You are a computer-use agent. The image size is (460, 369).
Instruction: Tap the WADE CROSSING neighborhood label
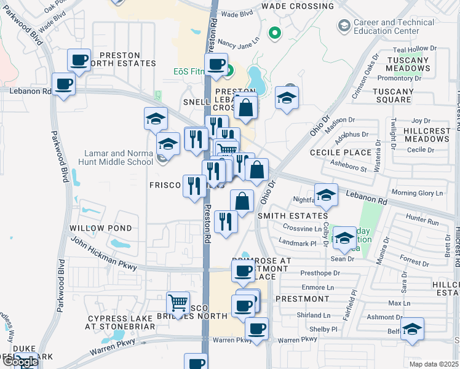click(298, 6)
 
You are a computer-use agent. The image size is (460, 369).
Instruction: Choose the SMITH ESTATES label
click(292, 216)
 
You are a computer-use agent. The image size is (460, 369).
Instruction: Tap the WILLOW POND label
click(100, 228)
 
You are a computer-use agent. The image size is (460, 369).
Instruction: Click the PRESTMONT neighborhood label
click(303, 299)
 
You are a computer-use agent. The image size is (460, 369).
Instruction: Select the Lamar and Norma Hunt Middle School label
click(119, 157)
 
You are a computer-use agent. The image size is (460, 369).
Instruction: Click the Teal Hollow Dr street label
click(414, 49)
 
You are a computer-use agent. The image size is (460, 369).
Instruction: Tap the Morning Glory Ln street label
click(417, 193)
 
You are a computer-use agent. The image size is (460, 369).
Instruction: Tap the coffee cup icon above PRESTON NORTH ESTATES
click(79, 60)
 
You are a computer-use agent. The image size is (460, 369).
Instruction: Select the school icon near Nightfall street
click(326, 195)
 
